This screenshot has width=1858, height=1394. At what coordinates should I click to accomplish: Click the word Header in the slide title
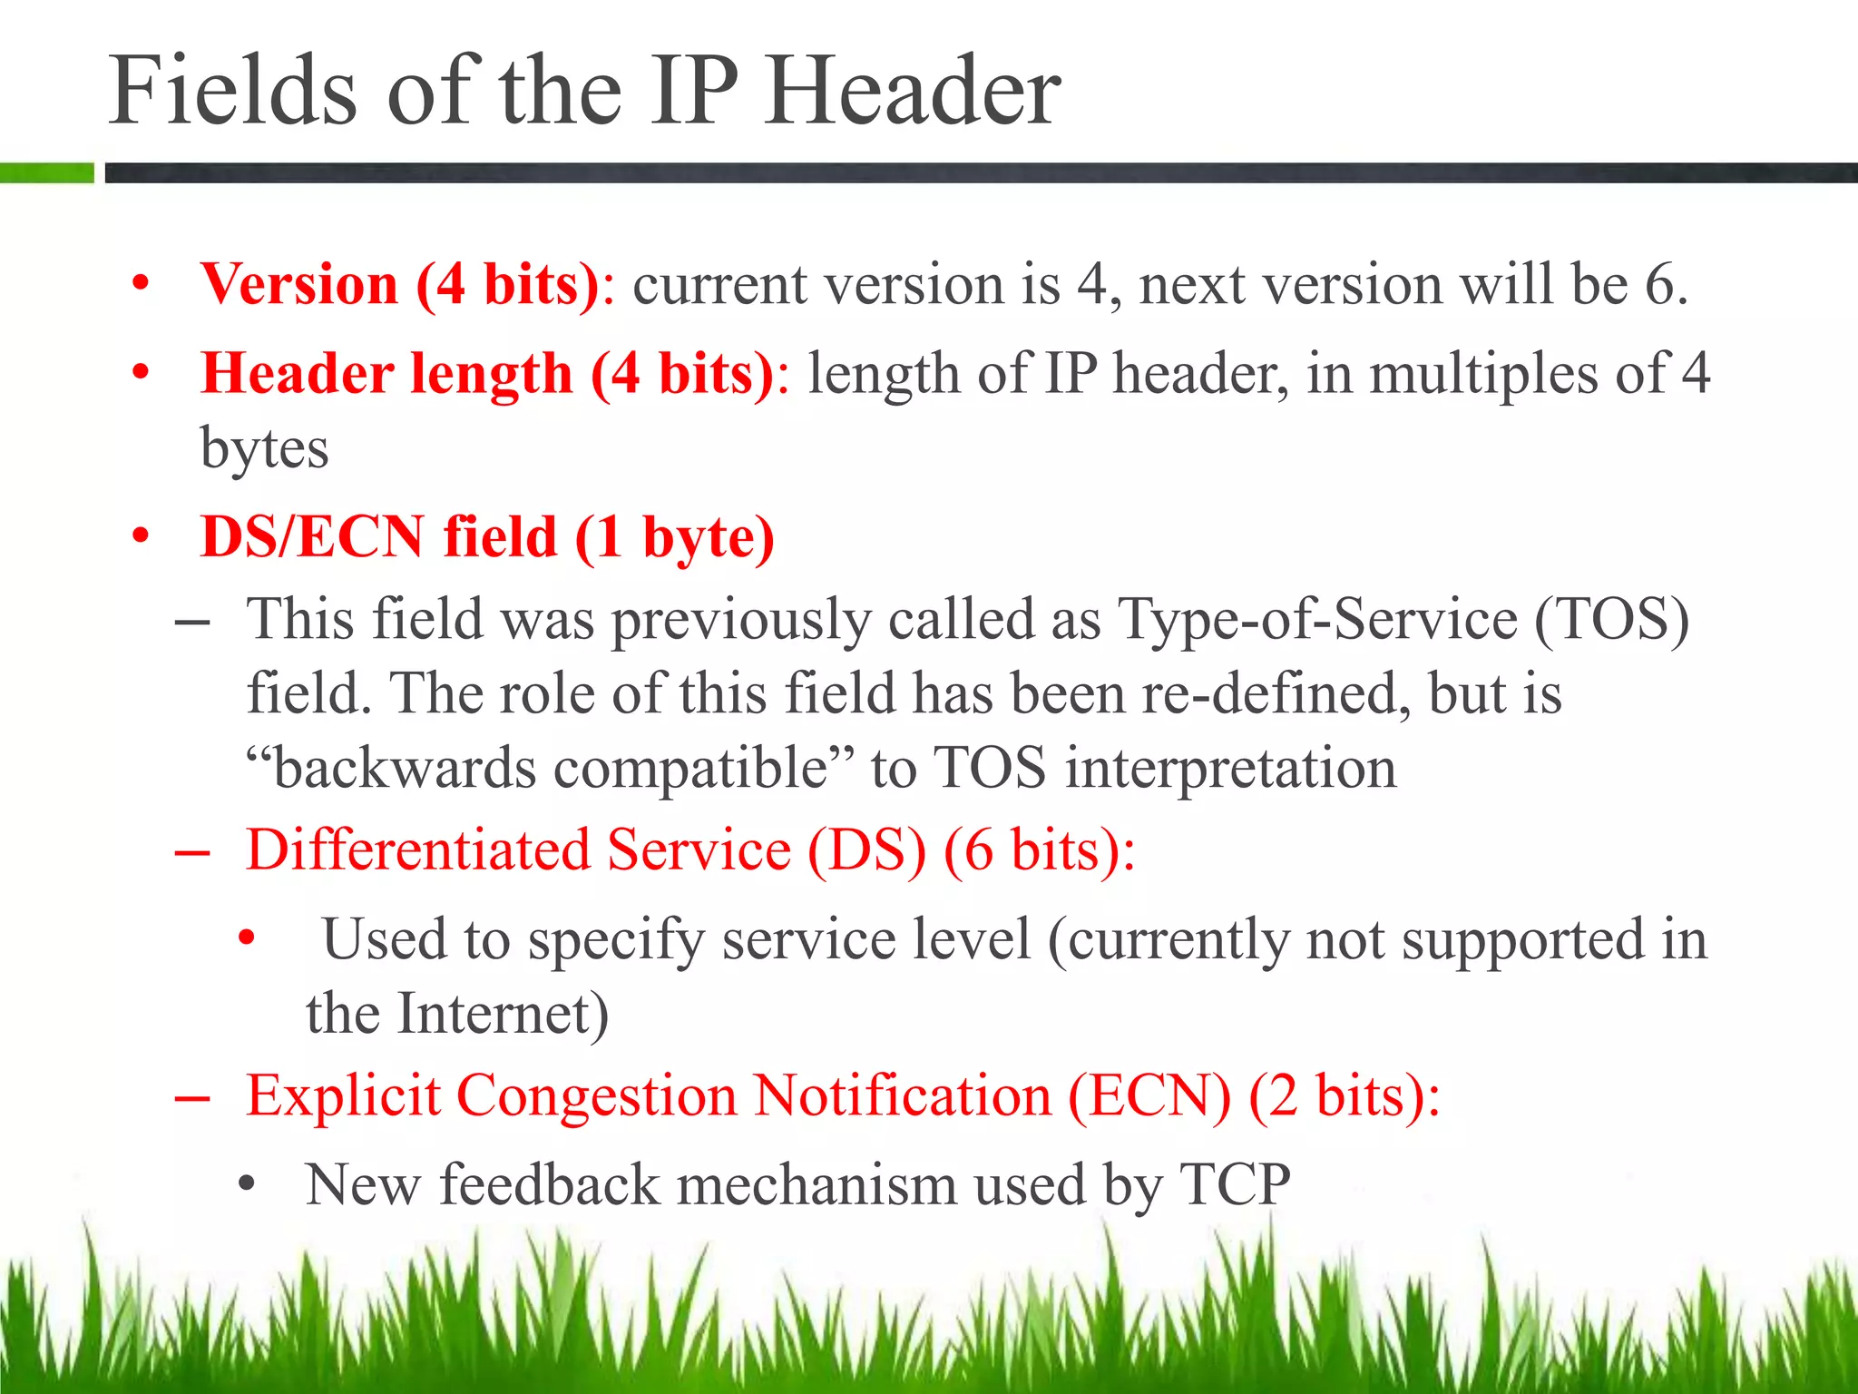912,91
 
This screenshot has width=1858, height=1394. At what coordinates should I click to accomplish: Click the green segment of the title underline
46,172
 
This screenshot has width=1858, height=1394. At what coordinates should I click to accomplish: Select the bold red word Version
299,284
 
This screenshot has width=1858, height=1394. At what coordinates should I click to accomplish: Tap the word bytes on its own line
264,448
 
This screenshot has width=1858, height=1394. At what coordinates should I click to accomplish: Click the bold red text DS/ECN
312,536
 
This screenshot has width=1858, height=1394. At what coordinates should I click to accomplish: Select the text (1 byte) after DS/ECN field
675,536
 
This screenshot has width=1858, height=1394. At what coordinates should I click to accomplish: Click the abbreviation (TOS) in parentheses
1611,619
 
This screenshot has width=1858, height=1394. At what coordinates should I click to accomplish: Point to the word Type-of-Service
1317,619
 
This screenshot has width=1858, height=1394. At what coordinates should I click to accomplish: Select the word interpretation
1230,768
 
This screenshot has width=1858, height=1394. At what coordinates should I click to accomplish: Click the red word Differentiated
417,850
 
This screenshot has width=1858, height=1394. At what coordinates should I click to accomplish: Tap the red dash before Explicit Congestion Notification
192,1099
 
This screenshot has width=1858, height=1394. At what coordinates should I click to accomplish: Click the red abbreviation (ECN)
1149,1095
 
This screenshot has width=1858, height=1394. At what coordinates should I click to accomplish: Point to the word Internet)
504,1013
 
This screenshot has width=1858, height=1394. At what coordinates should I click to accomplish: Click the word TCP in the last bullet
1235,1184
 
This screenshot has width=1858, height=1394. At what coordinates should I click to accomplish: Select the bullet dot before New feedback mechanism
247,1184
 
